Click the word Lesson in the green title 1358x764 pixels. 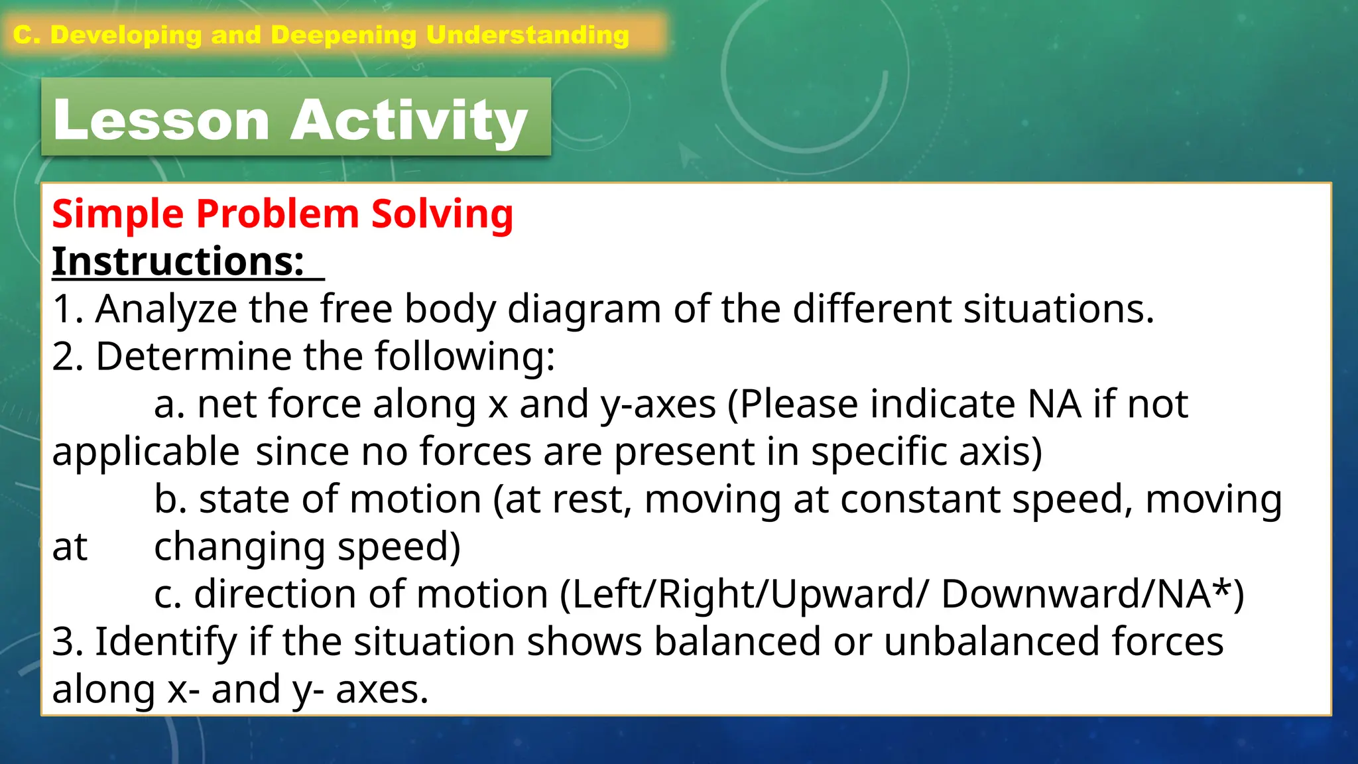pyautogui.click(x=161, y=120)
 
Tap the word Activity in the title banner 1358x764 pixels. pyautogui.click(x=409, y=120)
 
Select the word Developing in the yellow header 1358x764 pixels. pyautogui.click(x=126, y=35)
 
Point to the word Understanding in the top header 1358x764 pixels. pyautogui.click(x=528, y=35)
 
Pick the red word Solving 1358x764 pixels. pyautogui.click(x=442, y=214)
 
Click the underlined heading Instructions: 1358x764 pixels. pyautogui.click(x=178, y=261)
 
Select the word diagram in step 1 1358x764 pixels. pyautogui.click(x=584, y=309)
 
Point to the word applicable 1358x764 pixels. pyautogui.click(x=146, y=452)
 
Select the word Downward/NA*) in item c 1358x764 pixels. pyautogui.click(x=1092, y=594)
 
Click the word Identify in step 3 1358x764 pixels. pyautogui.click(x=166, y=642)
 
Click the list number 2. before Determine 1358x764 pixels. pyautogui.click(x=68, y=357)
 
